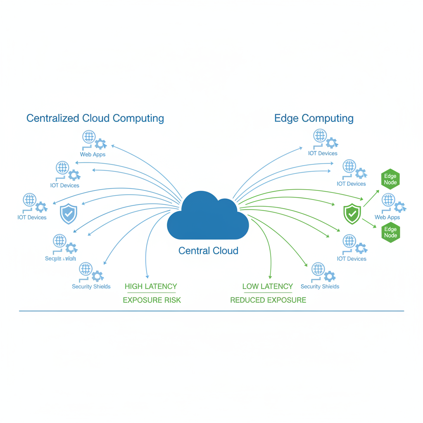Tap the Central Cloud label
(208, 251)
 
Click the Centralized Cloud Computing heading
(95, 118)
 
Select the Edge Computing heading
(314, 118)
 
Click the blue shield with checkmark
(69, 214)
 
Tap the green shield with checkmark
(352, 214)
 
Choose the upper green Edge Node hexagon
(390, 179)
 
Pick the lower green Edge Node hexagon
(390, 232)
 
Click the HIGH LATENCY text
(151, 286)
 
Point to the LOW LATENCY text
(268, 286)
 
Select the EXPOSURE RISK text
(152, 300)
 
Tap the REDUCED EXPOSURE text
(268, 300)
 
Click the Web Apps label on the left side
(93, 154)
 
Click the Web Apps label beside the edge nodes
(387, 217)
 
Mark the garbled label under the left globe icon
(60, 259)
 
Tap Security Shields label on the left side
(91, 287)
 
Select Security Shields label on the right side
(320, 287)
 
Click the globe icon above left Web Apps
(89, 137)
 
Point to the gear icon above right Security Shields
(329, 276)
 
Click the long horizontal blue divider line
(211, 311)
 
